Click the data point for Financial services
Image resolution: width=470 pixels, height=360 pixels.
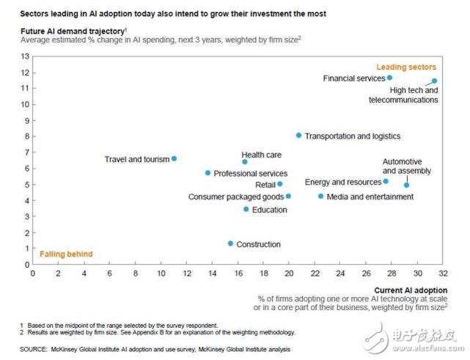click(389, 77)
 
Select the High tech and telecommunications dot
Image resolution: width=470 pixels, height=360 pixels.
click(434, 81)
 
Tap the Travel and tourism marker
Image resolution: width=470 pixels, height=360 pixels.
click(174, 158)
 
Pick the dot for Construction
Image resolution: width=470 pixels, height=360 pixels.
click(230, 243)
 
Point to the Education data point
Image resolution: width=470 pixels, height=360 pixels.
click(246, 209)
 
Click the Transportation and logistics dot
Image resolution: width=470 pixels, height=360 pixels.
click(298, 136)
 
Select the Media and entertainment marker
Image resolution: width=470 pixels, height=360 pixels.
click(320, 196)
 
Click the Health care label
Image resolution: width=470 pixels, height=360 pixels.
click(261, 155)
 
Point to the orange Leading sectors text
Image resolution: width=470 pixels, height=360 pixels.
click(411, 67)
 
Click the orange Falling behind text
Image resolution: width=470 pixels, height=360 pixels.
click(66, 254)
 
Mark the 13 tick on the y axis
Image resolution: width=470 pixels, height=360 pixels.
click(26, 56)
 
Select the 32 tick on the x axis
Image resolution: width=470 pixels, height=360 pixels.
click(444, 273)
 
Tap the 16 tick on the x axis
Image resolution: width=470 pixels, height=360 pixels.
click(238, 273)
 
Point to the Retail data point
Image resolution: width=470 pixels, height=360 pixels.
click(280, 184)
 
